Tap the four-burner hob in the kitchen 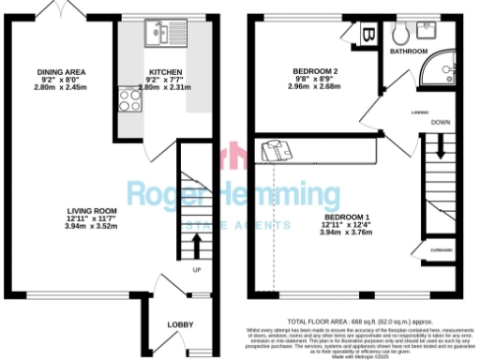click(126, 96)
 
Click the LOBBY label click(180, 324)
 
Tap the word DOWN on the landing click(441, 123)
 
